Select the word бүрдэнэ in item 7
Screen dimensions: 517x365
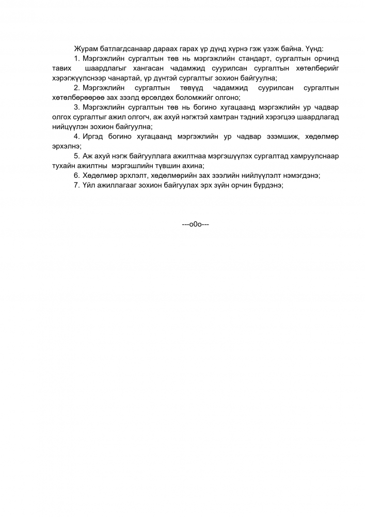pyautogui.click(x=267, y=185)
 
